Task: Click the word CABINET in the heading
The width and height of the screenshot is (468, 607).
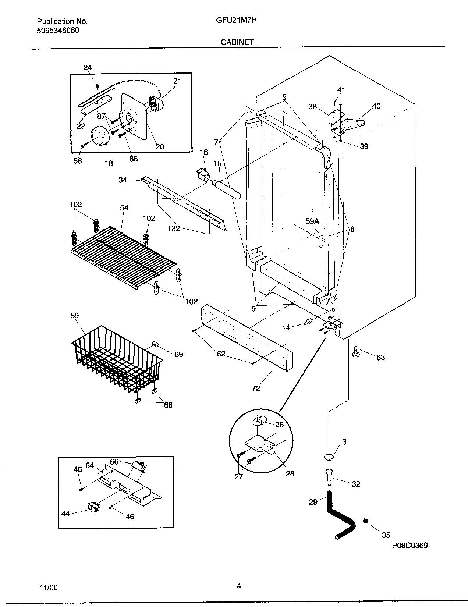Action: [x=237, y=42]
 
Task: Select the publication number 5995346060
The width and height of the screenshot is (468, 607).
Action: [x=58, y=30]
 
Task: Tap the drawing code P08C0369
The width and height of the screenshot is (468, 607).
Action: [x=409, y=546]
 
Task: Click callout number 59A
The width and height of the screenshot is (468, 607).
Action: [x=312, y=221]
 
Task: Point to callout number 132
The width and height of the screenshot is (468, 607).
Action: [x=174, y=228]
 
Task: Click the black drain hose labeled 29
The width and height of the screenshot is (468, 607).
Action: [x=338, y=515]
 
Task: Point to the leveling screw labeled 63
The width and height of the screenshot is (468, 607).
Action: [x=356, y=351]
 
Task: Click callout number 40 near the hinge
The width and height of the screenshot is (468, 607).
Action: [x=376, y=106]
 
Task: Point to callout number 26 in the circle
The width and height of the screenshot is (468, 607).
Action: [x=279, y=425]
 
